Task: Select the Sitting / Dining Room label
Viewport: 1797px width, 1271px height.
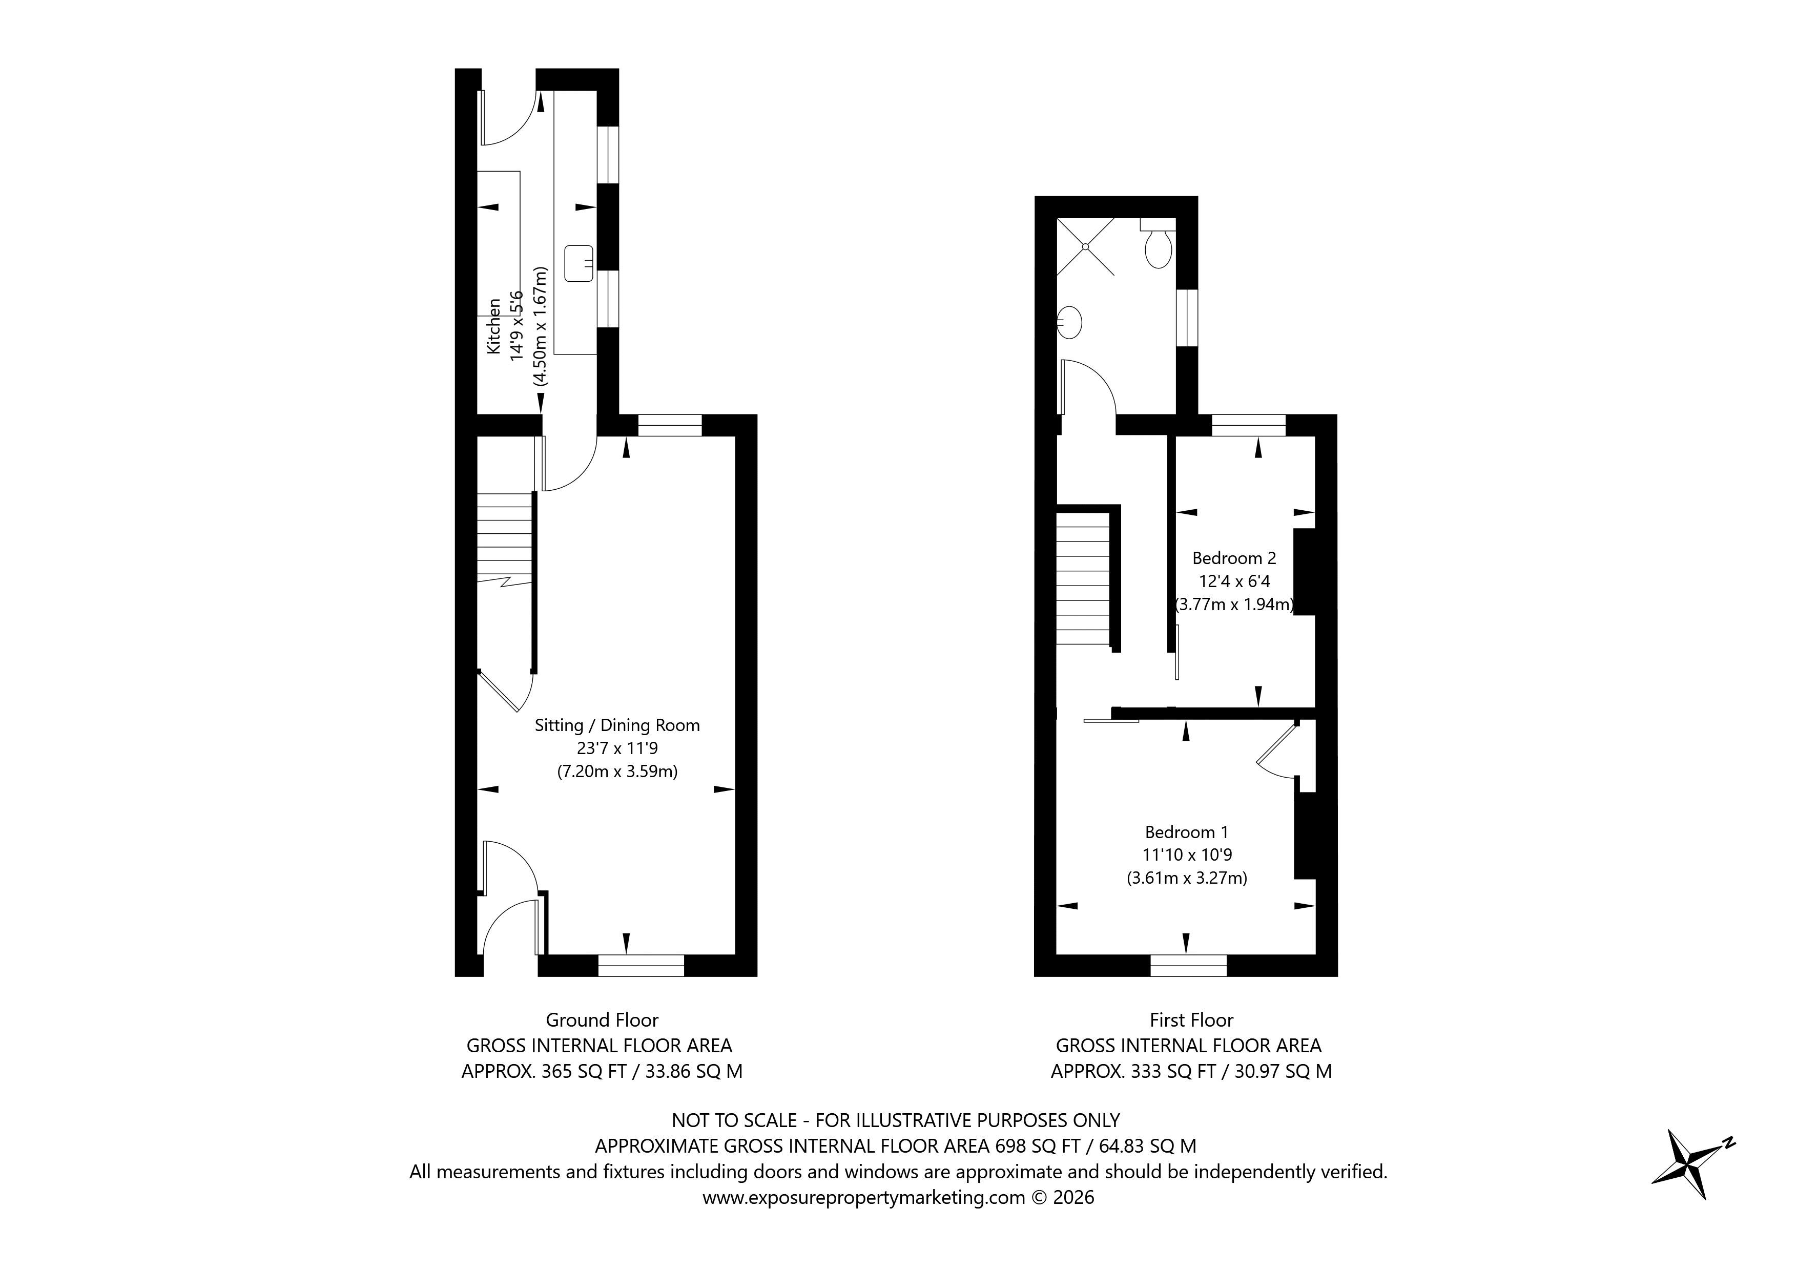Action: [617, 725]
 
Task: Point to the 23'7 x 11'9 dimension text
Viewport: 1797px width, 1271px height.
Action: [617, 748]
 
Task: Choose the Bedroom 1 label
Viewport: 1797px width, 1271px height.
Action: [1187, 832]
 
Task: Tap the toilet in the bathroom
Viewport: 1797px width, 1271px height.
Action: [1158, 246]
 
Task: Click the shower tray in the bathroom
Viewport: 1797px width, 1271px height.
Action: [1086, 246]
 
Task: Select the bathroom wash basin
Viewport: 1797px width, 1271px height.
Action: [1070, 322]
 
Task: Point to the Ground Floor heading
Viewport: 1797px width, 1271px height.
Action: [602, 1020]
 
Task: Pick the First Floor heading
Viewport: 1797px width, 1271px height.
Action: [1191, 1020]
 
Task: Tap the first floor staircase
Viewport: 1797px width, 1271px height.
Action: [1083, 579]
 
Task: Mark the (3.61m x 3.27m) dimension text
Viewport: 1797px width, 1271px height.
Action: [1187, 878]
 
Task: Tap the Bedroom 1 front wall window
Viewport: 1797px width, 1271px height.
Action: [1188, 965]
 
